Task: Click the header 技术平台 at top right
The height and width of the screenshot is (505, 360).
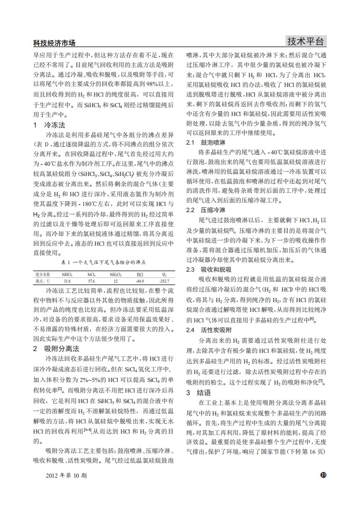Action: pyautogui.click(x=305, y=41)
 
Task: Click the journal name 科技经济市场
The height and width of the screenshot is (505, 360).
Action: pyautogui.click(x=54, y=43)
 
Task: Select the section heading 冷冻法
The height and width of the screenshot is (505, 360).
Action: pyautogui.click(x=55, y=125)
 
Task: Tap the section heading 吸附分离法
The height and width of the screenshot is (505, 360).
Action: pyautogui.click(x=61, y=348)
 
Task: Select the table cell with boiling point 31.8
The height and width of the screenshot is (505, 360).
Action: pyautogui.click(x=67, y=281)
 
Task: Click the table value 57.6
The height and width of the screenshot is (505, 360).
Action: pyautogui.click(x=91, y=281)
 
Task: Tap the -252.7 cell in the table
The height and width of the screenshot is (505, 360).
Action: pyautogui.click(x=164, y=281)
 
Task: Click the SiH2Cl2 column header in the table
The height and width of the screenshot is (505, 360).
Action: pyautogui.click(x=116, y=274)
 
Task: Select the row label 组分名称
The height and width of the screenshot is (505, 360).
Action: pyautogui.click(x=43, y=274)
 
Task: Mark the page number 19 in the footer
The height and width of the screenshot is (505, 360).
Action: pyautogui.click(x=322, y=475)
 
